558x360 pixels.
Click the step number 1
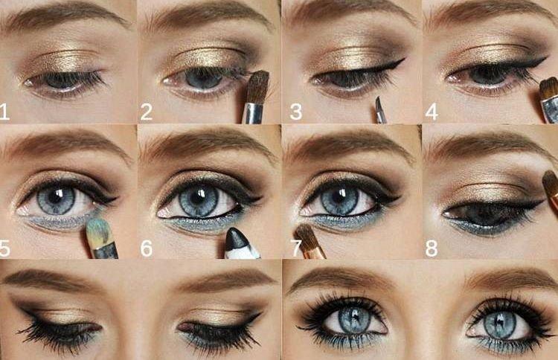click(x=6, y=112)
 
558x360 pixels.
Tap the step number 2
click(x=147, y=112)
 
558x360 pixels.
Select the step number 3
click(x=295, y=112)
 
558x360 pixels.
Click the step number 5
click(x=6, y=248)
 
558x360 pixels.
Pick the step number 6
click(x=147, y=248)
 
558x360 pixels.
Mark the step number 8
click(x=431, y=248)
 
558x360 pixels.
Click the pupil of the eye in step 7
click(x=341, y=200)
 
